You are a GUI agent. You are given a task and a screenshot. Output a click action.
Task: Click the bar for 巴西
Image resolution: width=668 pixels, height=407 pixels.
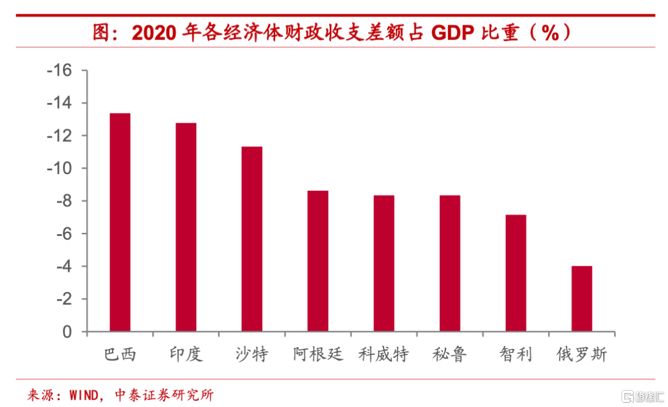(120, 222)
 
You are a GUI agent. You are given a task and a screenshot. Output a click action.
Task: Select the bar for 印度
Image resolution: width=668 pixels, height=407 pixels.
(186, 227)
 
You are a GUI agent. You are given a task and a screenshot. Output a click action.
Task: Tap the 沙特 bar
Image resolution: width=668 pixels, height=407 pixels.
(252, 239)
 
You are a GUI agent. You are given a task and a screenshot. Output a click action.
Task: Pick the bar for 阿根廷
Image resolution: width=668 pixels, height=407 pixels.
(318, 261)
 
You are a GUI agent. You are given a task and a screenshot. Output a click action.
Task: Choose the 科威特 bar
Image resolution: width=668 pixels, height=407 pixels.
(383, 263)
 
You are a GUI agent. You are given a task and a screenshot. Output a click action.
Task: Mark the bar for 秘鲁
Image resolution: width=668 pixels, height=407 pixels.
(450, 263)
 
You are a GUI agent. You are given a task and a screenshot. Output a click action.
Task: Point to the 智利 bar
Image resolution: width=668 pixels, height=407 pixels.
(516, 273)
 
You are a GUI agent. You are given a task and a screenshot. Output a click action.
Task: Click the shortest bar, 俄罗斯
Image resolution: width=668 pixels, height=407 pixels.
(581, 299)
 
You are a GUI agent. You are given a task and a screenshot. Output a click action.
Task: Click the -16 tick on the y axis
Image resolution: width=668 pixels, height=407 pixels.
(59, 71)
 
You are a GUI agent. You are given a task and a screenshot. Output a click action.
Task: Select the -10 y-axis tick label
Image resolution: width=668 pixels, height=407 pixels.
(59, 168)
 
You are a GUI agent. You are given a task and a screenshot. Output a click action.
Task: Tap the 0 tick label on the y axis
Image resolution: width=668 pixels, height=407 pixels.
(67, 332)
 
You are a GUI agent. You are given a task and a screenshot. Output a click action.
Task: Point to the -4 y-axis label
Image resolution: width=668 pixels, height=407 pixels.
(62, 266)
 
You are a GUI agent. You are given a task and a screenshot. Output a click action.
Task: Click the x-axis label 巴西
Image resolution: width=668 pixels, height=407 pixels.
(120, 355)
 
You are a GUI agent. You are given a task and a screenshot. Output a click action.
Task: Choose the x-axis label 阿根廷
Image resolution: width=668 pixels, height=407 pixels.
(318, 355)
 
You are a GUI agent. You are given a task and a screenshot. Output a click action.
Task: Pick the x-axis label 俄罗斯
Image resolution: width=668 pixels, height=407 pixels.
(581, 355)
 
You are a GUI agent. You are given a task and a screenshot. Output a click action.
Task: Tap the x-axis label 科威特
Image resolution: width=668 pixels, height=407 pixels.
(383, 355)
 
